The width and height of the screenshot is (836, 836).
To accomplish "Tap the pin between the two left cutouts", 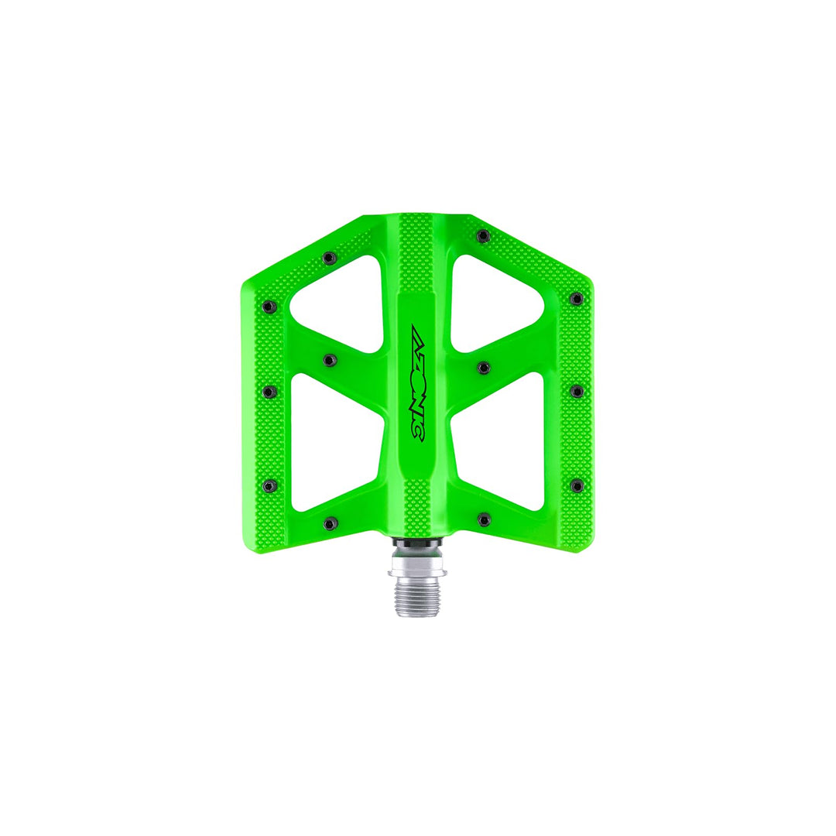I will coord(330,360).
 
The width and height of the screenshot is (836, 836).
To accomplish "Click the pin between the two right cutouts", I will coord(483,367).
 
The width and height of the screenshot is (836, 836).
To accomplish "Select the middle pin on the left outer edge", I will coord(269,392).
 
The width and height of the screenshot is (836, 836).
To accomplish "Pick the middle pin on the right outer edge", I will coord(576,392).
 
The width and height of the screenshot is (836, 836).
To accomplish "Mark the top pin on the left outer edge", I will coord(269,307).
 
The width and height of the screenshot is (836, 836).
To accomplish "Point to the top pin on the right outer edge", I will coord(575,299).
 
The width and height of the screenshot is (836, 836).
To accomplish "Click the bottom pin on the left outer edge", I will coord(269,485).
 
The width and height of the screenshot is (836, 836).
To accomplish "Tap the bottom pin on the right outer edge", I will coord(576,485).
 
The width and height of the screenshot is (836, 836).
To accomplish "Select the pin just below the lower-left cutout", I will coord(331,522).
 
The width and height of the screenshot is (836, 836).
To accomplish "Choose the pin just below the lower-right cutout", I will coord(484,519).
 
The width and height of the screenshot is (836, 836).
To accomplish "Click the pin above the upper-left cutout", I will coord(329,258).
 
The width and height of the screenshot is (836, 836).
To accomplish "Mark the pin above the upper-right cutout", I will coord(483,235).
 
